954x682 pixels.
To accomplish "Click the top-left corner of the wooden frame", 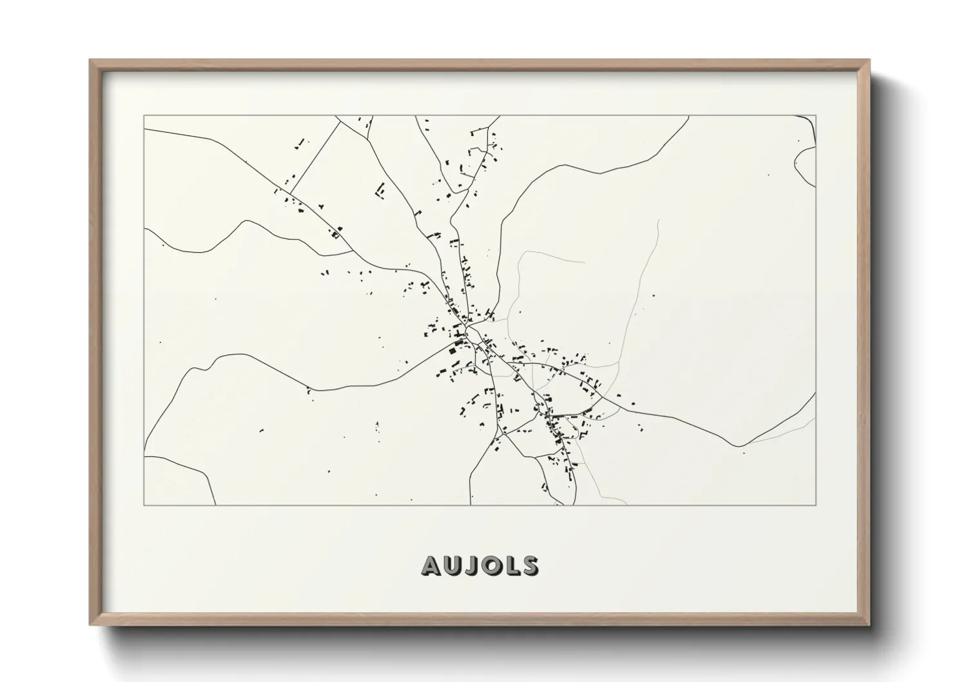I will pos(90,61).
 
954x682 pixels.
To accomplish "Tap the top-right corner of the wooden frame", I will pos(870,61).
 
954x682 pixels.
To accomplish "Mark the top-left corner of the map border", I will pos(144,116).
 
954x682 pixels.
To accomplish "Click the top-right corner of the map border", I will pos(816,116).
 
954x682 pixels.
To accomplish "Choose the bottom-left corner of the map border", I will pos(144,505).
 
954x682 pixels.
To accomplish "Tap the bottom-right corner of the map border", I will pos(816,505).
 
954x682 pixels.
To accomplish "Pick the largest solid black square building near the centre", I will pos(453,351).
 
